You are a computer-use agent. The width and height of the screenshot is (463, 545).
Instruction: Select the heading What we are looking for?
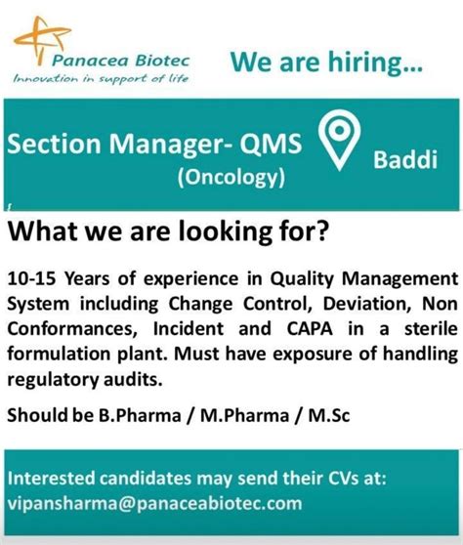167,233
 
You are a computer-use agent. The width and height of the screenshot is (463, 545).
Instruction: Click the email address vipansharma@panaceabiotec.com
154,504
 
